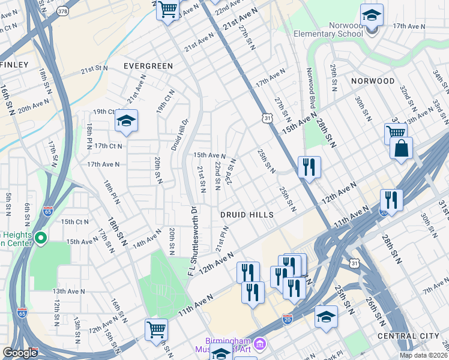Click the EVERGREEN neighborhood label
[148, 66]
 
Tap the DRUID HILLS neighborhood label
[246, 215]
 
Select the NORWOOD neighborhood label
[373, 81]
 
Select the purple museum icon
[260, 344]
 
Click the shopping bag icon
[401, 148]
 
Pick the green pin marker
[41, 238]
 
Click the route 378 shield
[62, 11]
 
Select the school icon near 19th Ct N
[126, 122]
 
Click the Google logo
[20, 353]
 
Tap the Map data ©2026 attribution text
[423, 355]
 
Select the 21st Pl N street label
[221, 239]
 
